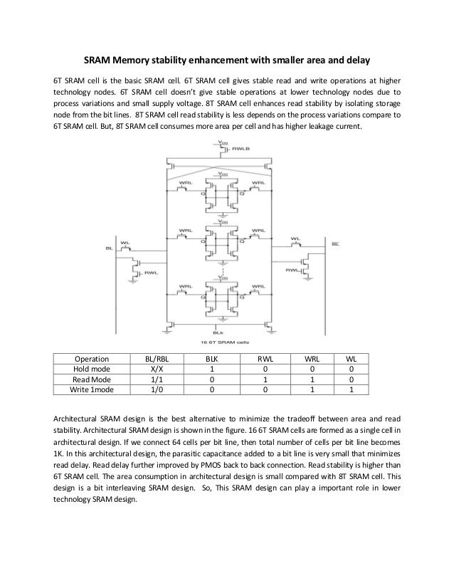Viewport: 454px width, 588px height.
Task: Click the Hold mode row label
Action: [91, 369]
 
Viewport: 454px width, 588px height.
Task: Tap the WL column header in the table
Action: [351, 359]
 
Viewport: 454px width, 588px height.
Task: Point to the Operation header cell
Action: [91, 359]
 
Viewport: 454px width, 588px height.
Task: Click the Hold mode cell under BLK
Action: [211, 369]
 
